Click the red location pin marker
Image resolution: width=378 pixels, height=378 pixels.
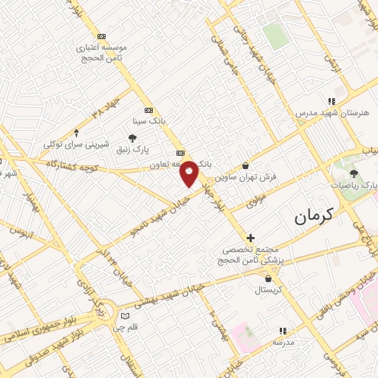[x=189, y=173]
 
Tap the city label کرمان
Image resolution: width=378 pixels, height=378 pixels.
[x=313, y=216]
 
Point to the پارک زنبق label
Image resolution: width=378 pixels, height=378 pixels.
[x=133, y=151]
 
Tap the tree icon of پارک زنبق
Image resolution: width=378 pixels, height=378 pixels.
[x=133, y=138]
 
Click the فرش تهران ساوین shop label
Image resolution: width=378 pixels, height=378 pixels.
[x=246, y=178]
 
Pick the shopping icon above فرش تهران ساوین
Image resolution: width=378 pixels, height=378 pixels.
[x=246, y=166]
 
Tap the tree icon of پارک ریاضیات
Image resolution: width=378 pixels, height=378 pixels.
[x=354, y=173]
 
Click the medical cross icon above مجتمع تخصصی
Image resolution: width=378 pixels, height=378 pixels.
[x=251, y=238]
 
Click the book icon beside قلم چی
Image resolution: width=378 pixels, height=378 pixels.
[x=125, y=317]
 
